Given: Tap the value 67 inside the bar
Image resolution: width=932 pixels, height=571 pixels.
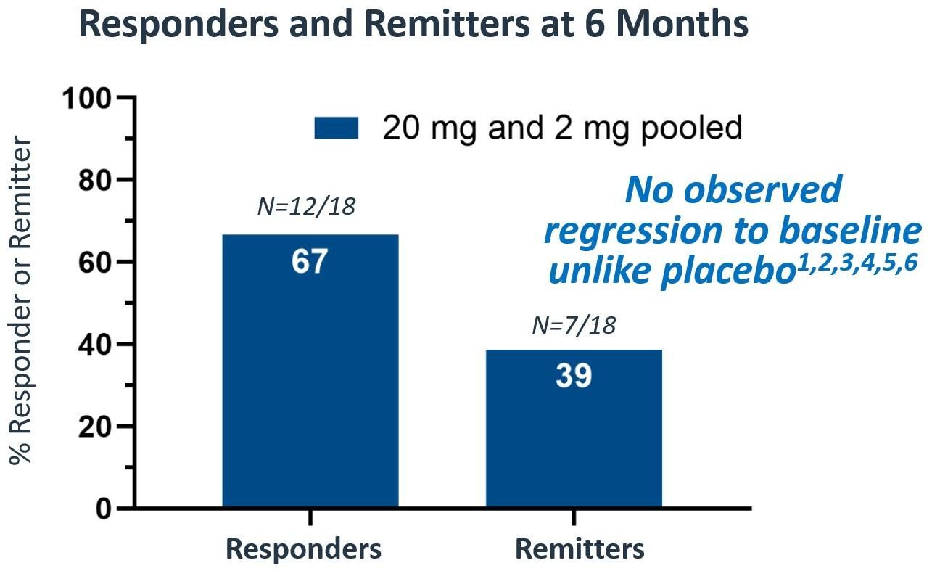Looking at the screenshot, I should point(310,262).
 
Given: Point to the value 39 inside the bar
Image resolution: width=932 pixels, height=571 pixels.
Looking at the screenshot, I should point(574,376).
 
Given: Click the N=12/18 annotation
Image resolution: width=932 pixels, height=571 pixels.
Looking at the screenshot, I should point(307,207).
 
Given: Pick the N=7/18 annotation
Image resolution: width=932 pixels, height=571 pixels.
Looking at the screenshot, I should point(574,326).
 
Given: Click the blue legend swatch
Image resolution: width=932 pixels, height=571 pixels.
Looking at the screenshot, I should point(336,128).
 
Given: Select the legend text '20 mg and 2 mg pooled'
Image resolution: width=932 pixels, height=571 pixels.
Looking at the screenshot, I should point(562,128).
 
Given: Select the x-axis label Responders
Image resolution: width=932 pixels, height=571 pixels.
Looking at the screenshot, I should point(303,549).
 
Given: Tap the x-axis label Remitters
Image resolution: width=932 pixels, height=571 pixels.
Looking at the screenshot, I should point(580,549).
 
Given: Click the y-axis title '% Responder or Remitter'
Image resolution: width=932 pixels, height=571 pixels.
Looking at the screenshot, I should point(22,301).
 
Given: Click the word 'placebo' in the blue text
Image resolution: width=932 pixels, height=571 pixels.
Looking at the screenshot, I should point(677,271).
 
